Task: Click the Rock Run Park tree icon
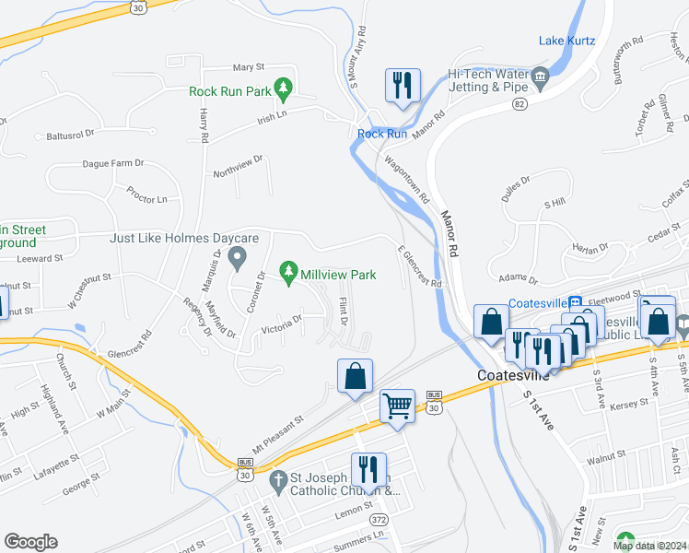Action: [x=284, y=90]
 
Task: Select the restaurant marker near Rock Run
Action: [x=402, y=87]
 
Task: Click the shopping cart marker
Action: [x=397, y=405]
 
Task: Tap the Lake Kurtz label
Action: [x=566, y=41]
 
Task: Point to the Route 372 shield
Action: [x=379, y=521]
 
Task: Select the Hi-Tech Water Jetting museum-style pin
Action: [x=540, y=76]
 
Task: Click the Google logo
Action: [x=30, y=542]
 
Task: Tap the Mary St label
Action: [x=249, y=67]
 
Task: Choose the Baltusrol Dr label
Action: [x=71, y=135]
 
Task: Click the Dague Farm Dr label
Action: [x=113, y=163]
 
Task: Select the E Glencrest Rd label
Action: [x=419, y=265]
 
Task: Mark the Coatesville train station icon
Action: [x=576, y=301]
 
